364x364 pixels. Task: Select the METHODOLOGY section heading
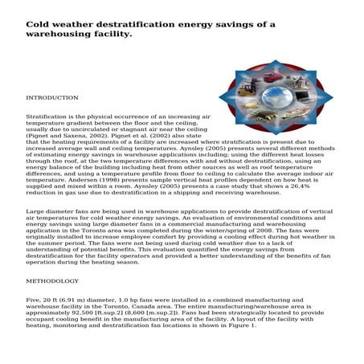(x=52, y=281)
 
